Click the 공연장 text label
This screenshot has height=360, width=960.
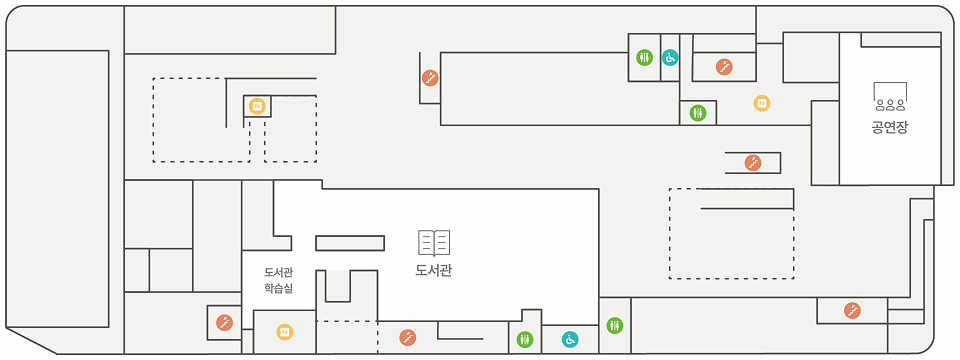click(x=889, y=127)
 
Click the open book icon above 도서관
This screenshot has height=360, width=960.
click(x=434, y=243)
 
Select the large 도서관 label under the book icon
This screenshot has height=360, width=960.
click(x=434, y=270)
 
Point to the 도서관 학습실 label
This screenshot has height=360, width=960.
click(x=278, y=280)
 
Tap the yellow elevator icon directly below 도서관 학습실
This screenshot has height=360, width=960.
click(x=284, y=331)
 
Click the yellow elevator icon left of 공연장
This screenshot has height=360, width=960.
click(x=761, y=103)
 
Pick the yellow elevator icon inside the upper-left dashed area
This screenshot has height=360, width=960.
click(x=257, y=106)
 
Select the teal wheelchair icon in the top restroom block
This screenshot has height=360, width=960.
click(x=670, y=57)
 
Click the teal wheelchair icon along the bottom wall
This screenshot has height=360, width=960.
click(x=570, y=340)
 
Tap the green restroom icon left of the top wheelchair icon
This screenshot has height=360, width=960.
click(x=645, y=57)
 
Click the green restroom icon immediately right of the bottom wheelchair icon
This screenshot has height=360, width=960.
click(x=614, y=325)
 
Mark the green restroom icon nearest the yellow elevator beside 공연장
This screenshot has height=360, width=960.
click(x=698, y=113)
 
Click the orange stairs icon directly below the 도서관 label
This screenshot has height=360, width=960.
click(x=407, y=338)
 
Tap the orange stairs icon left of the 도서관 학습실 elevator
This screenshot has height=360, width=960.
click(x=225, y=322)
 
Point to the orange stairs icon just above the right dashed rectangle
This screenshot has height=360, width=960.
click(x=753, y=162)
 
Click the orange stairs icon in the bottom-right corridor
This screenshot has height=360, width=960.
click(x=852, y=311)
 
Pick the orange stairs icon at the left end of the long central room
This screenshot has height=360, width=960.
click(x=429, y=77)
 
